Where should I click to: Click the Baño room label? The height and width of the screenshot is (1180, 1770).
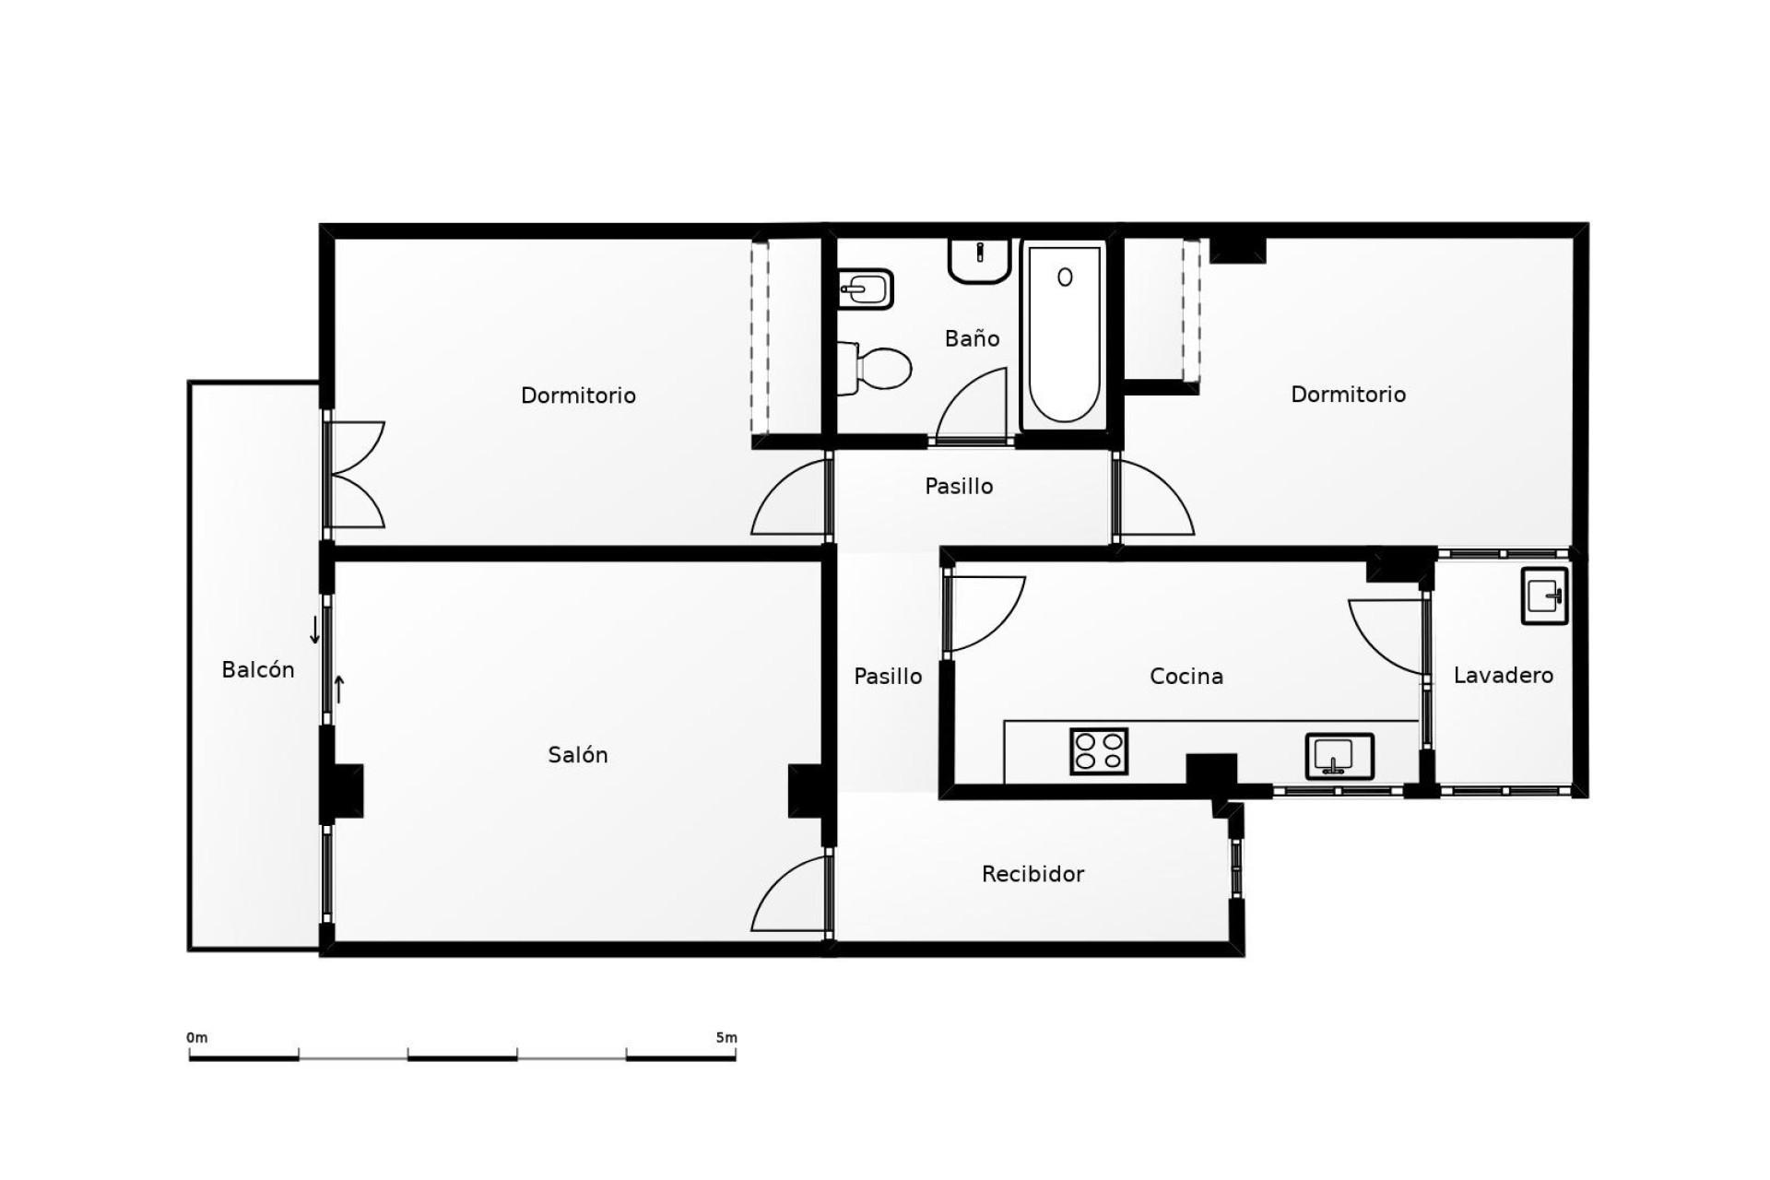pyautogui.click(x=972, y=338)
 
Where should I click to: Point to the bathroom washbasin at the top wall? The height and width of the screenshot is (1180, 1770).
pyautogui.click(x=979, y=260)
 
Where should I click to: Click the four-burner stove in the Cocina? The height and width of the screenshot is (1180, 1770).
pyautogui.click(x=1099, y=750)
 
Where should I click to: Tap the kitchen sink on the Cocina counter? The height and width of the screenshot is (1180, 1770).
pyautogui.click(x=1339, y=756)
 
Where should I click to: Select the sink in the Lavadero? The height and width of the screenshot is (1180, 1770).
pyautogui.click(x=1544, y=596)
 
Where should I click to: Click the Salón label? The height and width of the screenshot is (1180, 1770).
pyautogui.click(x=577, y=755)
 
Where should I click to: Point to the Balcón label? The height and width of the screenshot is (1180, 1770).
pyautogui.click(x=257, y=670)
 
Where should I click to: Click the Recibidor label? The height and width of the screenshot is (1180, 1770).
pyautogui.click(x=1032, y=874)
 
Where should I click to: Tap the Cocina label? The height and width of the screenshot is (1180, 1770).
pyautogui.click(x=1186, y=677)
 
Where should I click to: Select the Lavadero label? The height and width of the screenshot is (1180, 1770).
pyautogui.click(x=1503, y=676)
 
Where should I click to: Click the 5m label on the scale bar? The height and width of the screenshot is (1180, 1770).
pyautogui.click(x=726, y=1038)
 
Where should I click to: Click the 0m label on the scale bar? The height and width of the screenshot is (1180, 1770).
pyautogui.click(x=197, y=1038)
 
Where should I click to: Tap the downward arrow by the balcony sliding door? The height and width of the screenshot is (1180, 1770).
pyautogui.click(x=314, y=631)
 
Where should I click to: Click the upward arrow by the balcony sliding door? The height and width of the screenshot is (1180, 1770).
pyautogui.click(x=338, y=689)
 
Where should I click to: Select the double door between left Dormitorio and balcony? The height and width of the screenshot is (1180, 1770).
pyautogui.click(x=355, y=475)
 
